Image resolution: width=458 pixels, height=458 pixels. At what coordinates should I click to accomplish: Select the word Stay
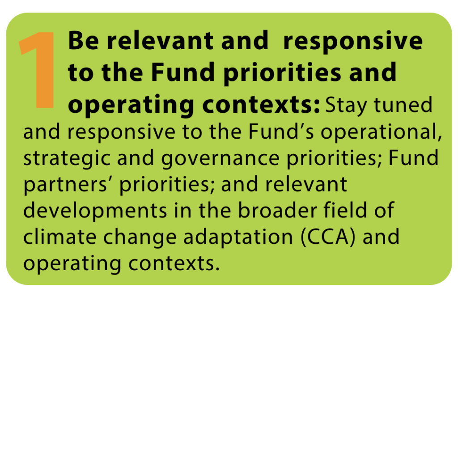click(x=346, y=106)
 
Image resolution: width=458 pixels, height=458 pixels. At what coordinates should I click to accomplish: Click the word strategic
click(x=67, y=159)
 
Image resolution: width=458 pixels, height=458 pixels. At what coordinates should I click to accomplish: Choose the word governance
click(x=221, y=159)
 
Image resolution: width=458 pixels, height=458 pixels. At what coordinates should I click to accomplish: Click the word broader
click(x=277, y=210)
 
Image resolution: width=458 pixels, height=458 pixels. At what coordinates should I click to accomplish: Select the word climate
click(x=60, y=237)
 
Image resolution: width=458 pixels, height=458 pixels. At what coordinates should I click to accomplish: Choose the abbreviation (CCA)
click(x=328, y=237)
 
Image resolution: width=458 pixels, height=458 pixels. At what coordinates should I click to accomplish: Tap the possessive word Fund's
click(x=281, y=131)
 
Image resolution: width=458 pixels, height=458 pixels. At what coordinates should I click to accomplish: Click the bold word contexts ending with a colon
click(x=261, y=105)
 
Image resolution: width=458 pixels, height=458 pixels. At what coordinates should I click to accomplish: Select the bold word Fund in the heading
click(x=183, y=72)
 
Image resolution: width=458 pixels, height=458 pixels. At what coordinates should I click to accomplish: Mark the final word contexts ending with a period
click(x=174, y=263)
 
